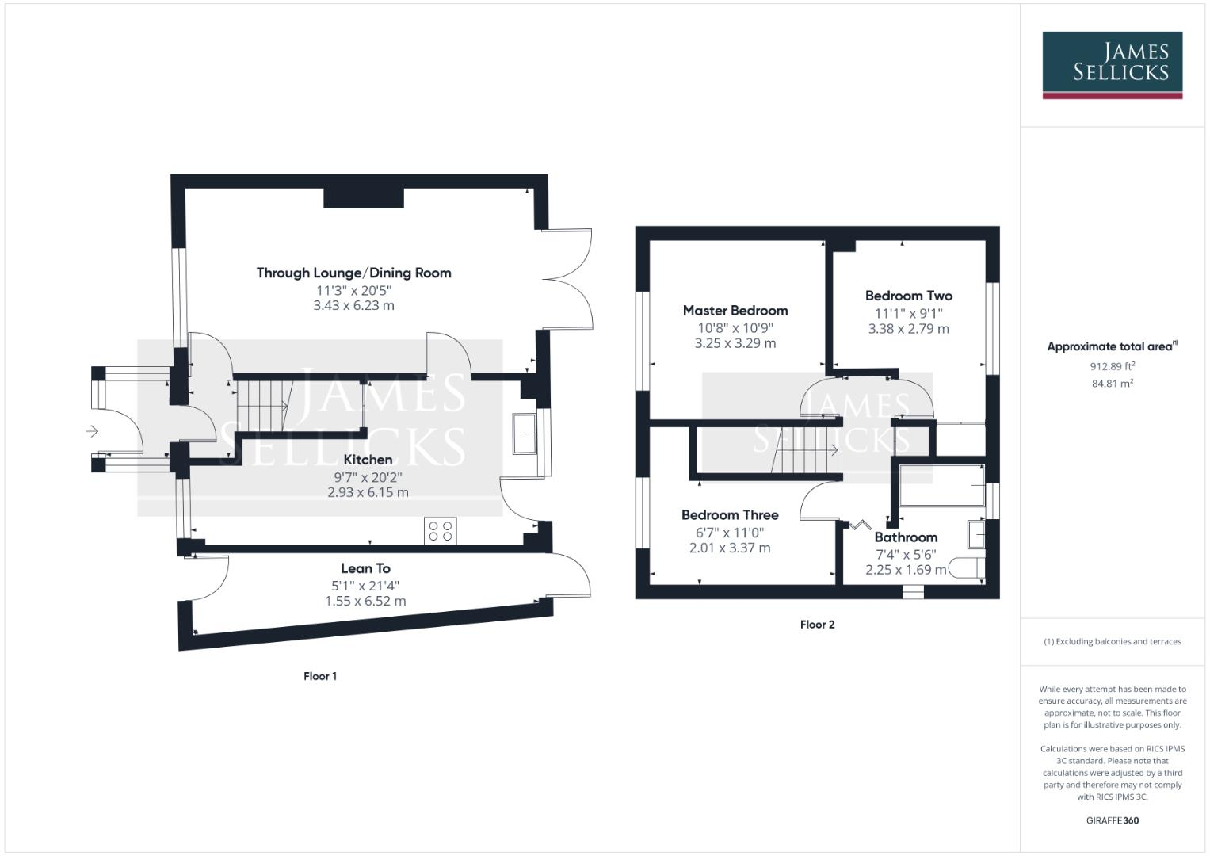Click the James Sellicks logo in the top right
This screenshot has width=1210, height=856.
click(x=1112, y=64)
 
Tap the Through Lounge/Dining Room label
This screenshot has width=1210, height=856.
click(x=353, y=273)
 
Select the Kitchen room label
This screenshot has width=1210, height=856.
click(x=368, y=460)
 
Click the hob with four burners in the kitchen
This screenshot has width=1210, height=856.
click(x=441, y=530)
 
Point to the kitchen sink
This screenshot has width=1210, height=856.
click(x=525, y=434)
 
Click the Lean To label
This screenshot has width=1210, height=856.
click(x=365, y=568)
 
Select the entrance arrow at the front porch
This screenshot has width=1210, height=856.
click(x=92, y=431)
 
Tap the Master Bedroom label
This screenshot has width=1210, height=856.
click(x=735, y=311)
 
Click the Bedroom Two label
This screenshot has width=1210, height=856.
click(x=908, y=296)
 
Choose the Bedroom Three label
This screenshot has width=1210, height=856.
click(x=730, y=515)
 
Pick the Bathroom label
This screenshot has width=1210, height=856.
click(x=906, y=537)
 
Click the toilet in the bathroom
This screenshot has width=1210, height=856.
click(x=967, y=568)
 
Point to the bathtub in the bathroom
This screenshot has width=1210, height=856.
click(x=942, y=485)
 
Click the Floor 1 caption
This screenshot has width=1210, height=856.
click(x=320, y=676)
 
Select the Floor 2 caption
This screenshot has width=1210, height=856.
click(x=817, y=625)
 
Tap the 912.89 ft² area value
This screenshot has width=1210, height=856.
click(x=1112, y=366)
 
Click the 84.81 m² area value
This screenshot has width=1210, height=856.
click(x=1112, y=384)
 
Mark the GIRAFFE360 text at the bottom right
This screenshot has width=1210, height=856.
click(x=1112, y=820)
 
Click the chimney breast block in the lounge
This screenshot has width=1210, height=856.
click(x=364, y=197)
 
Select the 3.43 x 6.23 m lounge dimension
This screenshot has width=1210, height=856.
click(x=353, y=305)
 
